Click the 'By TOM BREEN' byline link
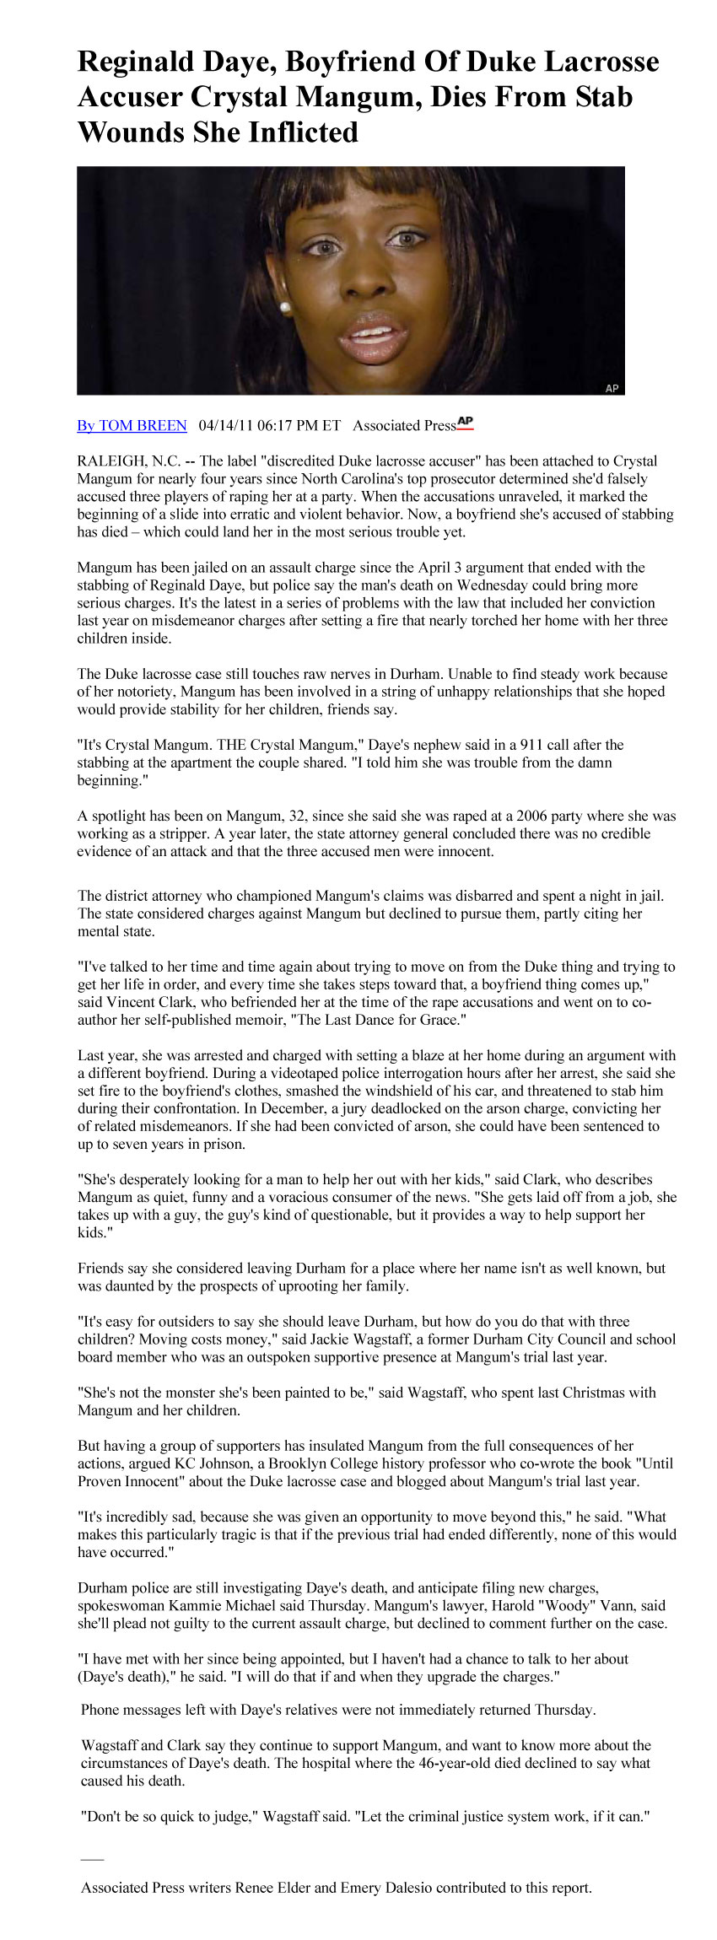[x=132, y=425]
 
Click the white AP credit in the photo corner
[x=612, y=388]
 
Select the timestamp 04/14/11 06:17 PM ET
[x=269, y=425]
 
